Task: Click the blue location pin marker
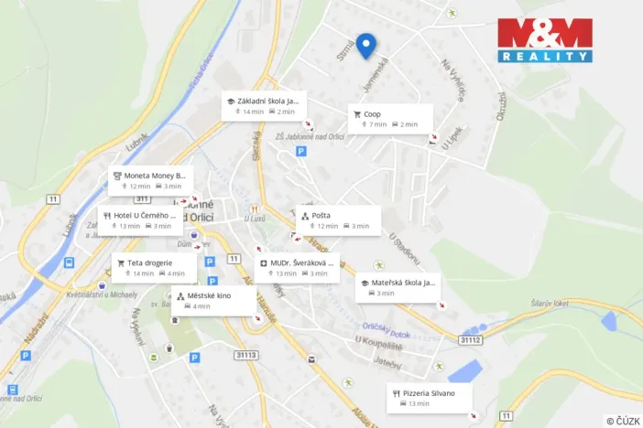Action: pos(366,45)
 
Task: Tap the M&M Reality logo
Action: pos(544,40)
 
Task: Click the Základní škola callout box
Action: pos(265,106)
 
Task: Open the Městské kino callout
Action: pos(213,300)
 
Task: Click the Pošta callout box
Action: pos(338,219)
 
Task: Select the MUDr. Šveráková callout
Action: pos(297,267)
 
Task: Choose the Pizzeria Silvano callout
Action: pos(429,397)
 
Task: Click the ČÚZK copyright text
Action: pos(623,420)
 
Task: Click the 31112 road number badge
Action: pos(470,339)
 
